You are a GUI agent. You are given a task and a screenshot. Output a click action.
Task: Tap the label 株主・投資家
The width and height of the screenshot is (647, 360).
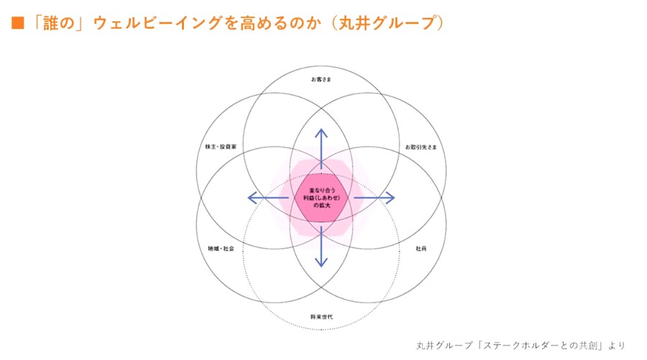coord(221,147)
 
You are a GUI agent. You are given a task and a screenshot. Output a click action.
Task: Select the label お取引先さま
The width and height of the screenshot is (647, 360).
coord(420,147)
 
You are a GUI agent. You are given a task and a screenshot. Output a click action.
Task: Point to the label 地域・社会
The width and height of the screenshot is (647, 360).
coord(221,249)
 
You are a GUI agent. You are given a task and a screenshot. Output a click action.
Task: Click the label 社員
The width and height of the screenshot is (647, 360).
coord(421,249)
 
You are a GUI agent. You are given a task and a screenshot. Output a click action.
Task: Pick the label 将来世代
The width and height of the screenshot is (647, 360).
coord(321,317)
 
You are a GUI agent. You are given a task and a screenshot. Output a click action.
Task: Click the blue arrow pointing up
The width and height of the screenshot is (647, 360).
coord(321,147)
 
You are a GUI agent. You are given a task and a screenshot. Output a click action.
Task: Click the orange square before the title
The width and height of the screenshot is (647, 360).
coord(17,25)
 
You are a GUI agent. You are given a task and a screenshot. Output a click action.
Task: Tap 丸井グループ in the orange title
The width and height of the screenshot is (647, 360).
coord(395,25)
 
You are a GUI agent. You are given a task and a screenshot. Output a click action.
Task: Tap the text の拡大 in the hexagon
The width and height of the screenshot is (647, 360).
coord(321,206)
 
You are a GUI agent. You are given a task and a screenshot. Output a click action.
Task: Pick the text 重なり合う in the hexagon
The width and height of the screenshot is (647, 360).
coord(321,189)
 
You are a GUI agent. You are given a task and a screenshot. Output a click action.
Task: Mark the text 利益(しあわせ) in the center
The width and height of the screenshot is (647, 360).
coord(321,197)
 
